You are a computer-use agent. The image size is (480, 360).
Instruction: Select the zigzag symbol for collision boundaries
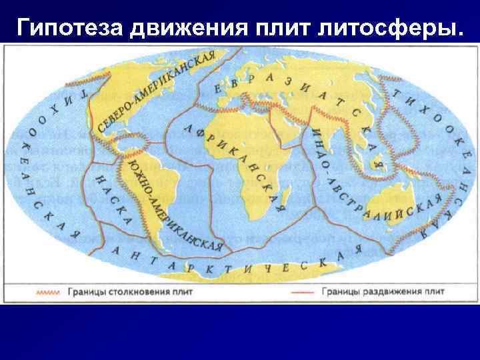47,291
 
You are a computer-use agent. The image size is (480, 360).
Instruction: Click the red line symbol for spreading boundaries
302,291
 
